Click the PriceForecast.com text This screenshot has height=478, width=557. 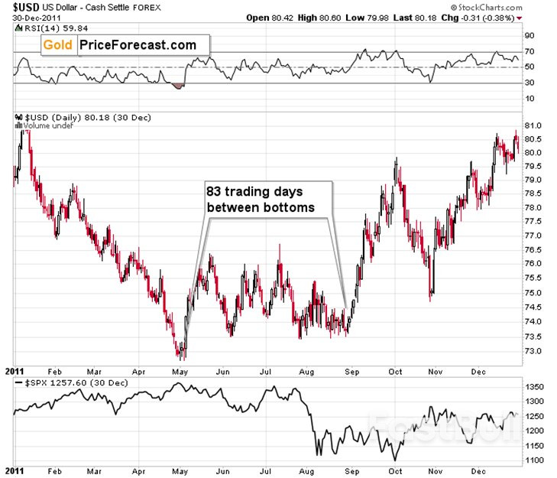[x=138, y=45]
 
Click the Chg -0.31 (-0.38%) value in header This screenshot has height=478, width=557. [x=486, y=17]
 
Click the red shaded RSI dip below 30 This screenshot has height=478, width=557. [x=178, y=86]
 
